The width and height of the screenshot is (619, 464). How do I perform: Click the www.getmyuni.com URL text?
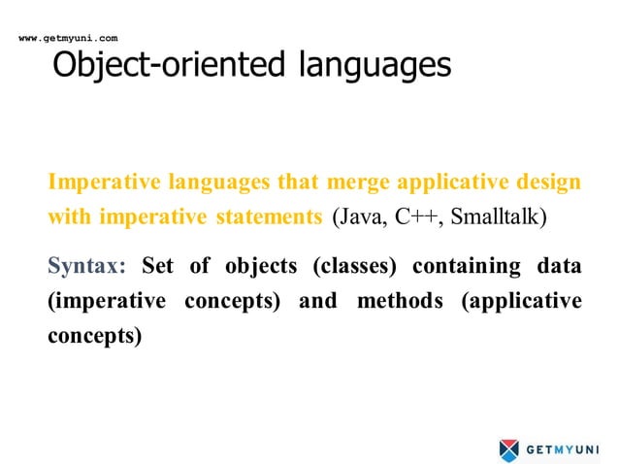(68, 38)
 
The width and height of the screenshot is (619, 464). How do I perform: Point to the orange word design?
(548, 182)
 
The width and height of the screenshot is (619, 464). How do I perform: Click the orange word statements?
(266, 215)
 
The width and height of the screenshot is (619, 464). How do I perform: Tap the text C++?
(414, 215)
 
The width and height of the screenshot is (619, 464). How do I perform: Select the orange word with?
(67, 215)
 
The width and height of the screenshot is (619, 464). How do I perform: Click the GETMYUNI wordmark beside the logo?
(568, 449)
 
